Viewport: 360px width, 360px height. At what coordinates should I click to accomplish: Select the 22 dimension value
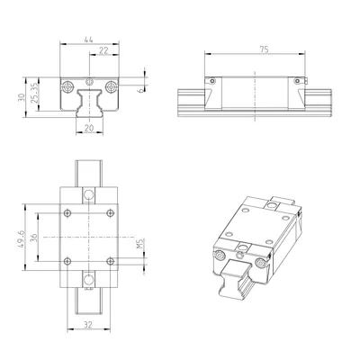103,52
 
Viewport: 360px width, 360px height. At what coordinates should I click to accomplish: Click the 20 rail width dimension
89,128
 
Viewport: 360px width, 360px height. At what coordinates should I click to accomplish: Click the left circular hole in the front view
68,86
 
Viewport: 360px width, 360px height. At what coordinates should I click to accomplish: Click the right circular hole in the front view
110,86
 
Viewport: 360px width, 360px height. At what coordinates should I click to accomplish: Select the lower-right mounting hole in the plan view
110,260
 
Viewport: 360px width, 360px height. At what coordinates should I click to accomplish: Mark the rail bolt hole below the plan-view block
89,281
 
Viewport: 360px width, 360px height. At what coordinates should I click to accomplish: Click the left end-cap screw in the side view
211,80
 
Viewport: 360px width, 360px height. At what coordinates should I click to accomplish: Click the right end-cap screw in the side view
300,80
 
